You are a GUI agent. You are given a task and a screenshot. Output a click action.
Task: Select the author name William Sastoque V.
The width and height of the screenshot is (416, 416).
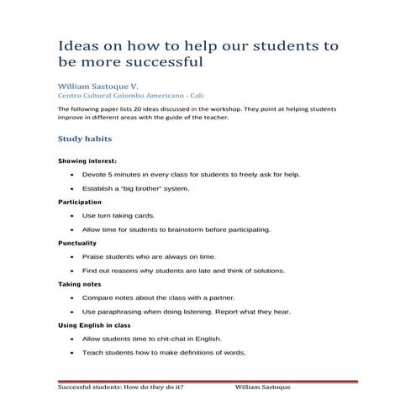tap(97, 87)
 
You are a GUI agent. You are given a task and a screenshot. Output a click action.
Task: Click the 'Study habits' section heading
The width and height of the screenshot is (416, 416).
tap(85, 138)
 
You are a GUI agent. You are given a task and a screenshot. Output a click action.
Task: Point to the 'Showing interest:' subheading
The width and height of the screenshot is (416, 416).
tap(87, 161)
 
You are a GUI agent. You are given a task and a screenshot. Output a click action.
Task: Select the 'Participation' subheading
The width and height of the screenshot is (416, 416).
tap(80, 202)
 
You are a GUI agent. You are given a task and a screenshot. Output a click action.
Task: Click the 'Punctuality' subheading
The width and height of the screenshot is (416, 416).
tap(77, 243)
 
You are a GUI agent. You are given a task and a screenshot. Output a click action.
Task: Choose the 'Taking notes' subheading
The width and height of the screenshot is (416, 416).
tap(79, 284)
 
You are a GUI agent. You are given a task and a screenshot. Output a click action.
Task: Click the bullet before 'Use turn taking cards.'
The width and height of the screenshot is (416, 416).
tap(73, 216)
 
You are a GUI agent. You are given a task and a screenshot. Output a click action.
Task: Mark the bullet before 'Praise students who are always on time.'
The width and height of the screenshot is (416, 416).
tap(73, 256)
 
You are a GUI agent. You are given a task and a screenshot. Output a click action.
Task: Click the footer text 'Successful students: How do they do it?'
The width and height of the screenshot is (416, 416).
tap(121, 389)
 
